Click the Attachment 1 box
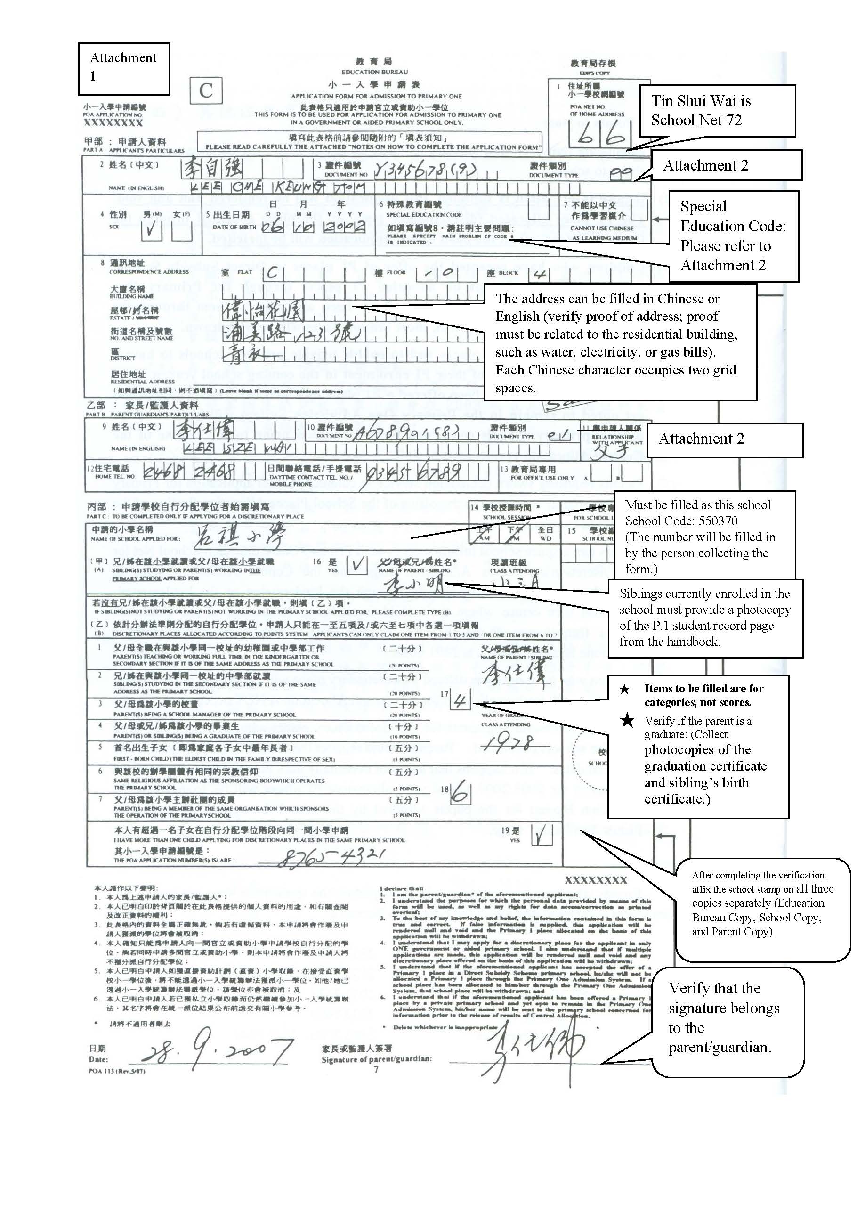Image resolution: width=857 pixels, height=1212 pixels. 124,69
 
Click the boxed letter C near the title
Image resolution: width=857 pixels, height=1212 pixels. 206,91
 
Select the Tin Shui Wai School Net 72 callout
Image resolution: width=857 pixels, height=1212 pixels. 717,111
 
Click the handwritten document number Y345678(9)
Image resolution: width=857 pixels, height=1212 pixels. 425,170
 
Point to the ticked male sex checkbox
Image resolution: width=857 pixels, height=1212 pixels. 152,230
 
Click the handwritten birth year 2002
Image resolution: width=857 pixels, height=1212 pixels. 344,227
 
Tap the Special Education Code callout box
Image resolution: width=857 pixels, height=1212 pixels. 733,236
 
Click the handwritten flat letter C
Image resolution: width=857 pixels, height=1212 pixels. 272,273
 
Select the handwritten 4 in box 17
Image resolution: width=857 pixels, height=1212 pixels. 460,701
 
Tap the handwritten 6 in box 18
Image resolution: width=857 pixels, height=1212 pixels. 460,792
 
